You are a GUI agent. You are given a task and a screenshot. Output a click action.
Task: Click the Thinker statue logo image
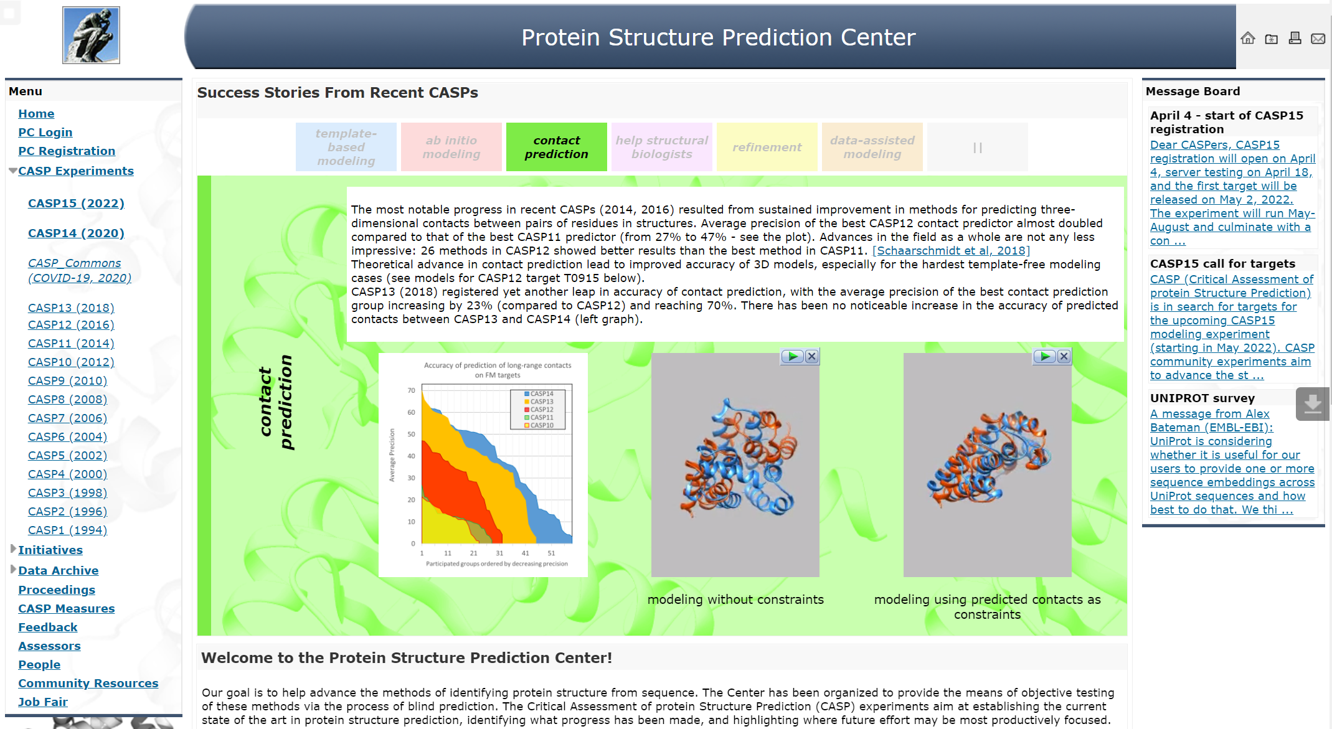coord(91,35)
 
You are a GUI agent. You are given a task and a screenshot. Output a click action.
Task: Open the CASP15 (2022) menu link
coord(76,203)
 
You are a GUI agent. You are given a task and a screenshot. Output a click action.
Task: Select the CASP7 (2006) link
coord(67,418)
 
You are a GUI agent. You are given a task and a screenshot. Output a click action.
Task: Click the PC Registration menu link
coord(67,151)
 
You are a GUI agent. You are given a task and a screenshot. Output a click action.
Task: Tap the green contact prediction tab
coord(556,147)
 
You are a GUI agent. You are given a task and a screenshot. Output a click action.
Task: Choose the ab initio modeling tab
coord(451,147)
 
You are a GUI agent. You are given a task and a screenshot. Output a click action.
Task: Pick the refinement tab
coord(767,147)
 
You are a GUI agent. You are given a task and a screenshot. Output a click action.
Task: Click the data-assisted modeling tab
coord(872,147)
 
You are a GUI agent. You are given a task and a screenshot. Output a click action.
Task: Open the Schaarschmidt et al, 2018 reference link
coord(951,250)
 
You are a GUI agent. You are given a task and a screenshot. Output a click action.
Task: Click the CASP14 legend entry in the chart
coord(539,393)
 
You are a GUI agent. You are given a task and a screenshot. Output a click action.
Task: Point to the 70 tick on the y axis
coord(411,390)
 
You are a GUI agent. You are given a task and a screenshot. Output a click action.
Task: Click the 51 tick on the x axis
coord(551,553)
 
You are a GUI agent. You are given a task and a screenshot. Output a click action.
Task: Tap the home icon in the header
coord(1248,38)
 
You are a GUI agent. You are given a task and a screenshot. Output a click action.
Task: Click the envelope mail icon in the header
coord(1318,39)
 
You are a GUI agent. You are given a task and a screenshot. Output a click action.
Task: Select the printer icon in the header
coord(1295,38)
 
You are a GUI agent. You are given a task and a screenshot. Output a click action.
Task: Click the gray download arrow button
coord(1313,404)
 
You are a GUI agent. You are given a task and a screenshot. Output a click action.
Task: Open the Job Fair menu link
coord(43,702)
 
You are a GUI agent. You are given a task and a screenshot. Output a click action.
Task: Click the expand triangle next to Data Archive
coord(13,569)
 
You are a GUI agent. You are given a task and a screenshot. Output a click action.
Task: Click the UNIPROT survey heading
coord(1202,398)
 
